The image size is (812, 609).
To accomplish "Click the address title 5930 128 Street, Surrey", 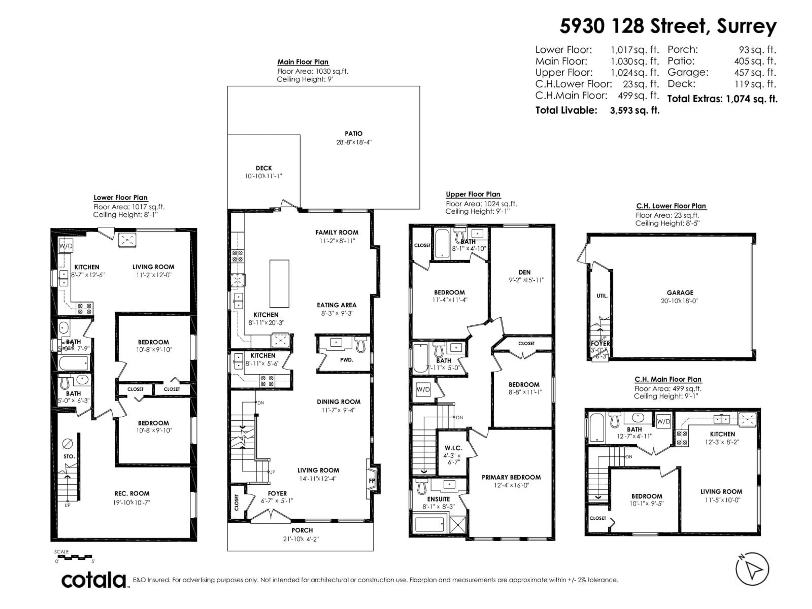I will point(668,26).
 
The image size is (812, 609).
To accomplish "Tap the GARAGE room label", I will point(680,293).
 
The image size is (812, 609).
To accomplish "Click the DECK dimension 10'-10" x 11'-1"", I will point(263,176).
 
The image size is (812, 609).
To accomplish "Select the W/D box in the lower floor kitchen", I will point(66,246).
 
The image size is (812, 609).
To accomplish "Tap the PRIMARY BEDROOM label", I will point(511,477).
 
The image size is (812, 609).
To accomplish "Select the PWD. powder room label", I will point(347,360).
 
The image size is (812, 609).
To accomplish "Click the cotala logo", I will point(94,580).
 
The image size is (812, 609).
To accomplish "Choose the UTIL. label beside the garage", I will point(602,295).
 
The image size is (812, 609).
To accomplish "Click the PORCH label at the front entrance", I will point(302,530).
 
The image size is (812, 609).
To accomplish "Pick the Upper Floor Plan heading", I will point(473,194).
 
